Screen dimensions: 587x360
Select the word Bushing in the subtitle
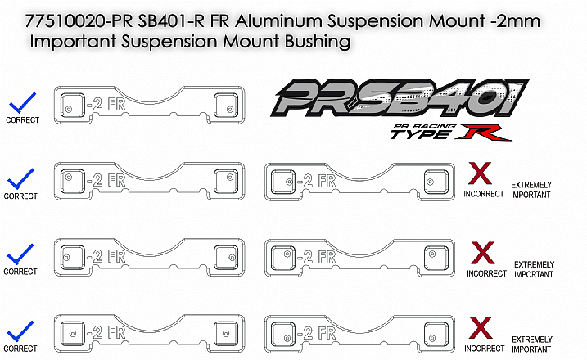click(318, 42)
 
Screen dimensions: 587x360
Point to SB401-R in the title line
click(171, 21)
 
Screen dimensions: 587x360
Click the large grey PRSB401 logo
click(400, 98)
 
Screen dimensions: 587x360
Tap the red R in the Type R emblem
click(484, 133)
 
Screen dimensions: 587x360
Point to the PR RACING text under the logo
click(424, 127)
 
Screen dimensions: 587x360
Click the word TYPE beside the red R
click(420, 134)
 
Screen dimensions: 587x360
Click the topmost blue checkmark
click(22, 102)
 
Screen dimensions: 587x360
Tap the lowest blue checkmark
click(20, 331)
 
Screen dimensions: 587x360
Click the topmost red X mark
click(480, 173)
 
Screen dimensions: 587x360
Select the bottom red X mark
click(481, 327)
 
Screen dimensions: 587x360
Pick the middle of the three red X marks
click(482, 253)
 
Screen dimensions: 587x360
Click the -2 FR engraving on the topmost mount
click(106, 105)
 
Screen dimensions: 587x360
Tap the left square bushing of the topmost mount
click(73, 106)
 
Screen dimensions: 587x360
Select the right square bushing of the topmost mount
click(226, 106)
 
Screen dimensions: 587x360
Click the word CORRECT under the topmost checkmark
click(22, 120)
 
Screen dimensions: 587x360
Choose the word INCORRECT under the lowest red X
click(485, 349)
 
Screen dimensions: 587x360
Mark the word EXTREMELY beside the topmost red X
click(531, 185)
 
